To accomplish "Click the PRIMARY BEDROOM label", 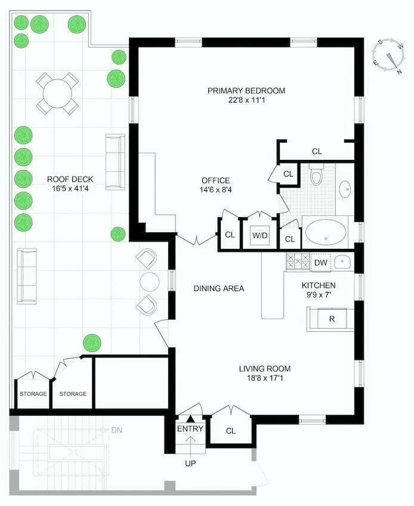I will point(246,91).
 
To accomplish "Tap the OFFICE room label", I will point(215,181).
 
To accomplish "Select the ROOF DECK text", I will point(70,179).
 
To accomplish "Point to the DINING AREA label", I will point(219,289).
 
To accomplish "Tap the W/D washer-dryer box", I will point(259,235).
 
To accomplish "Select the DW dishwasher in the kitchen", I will point(320,263).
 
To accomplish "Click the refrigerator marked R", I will point(332,319).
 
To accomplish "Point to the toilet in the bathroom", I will point(316,177).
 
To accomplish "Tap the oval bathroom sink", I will point(345,189).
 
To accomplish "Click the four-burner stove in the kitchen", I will point(298,262).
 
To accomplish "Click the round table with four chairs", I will point(57,94).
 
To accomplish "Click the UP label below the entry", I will point(190,463).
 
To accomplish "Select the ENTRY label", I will point(190,429).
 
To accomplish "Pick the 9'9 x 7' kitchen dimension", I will point(318,295).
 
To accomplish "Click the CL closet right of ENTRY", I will point(231,430).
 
